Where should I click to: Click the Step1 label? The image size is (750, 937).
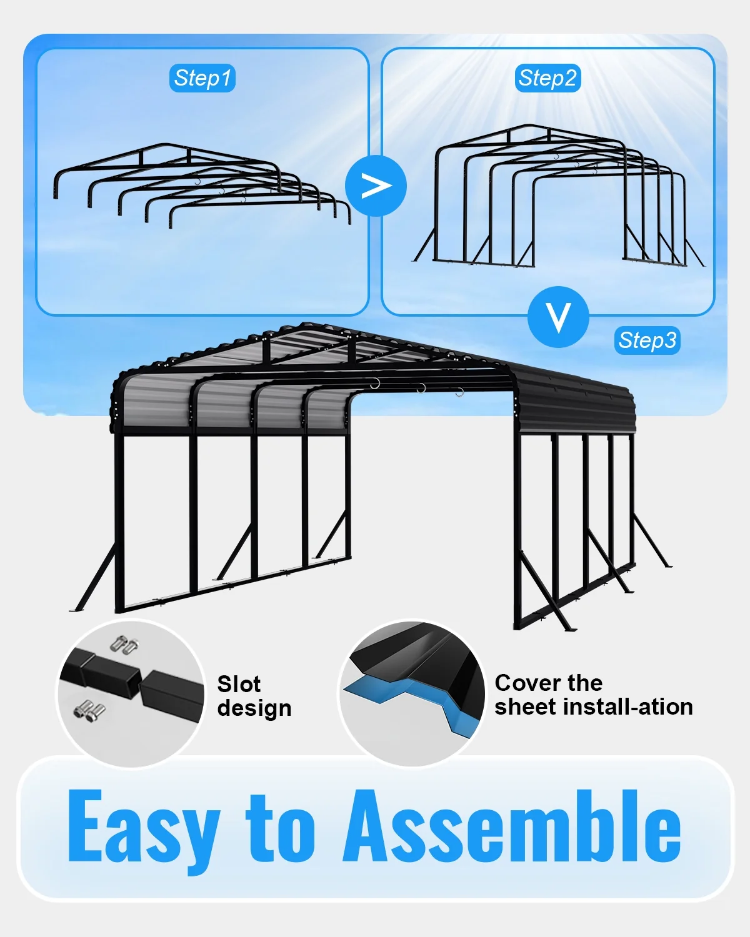click(202, 78)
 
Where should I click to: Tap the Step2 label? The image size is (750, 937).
click(547, 78)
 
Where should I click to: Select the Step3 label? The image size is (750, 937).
click(647, 340)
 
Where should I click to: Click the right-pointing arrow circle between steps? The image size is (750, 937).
click(376, 186)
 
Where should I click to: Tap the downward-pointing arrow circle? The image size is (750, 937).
click(558, 317)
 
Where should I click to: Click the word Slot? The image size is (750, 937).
click(239, 684)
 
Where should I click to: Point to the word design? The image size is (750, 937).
click(254, 708)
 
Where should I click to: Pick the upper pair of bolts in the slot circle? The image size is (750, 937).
click(124, 646)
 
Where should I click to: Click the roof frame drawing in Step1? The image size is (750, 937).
click(202, 186)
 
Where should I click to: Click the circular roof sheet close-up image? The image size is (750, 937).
click(412, 693)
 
